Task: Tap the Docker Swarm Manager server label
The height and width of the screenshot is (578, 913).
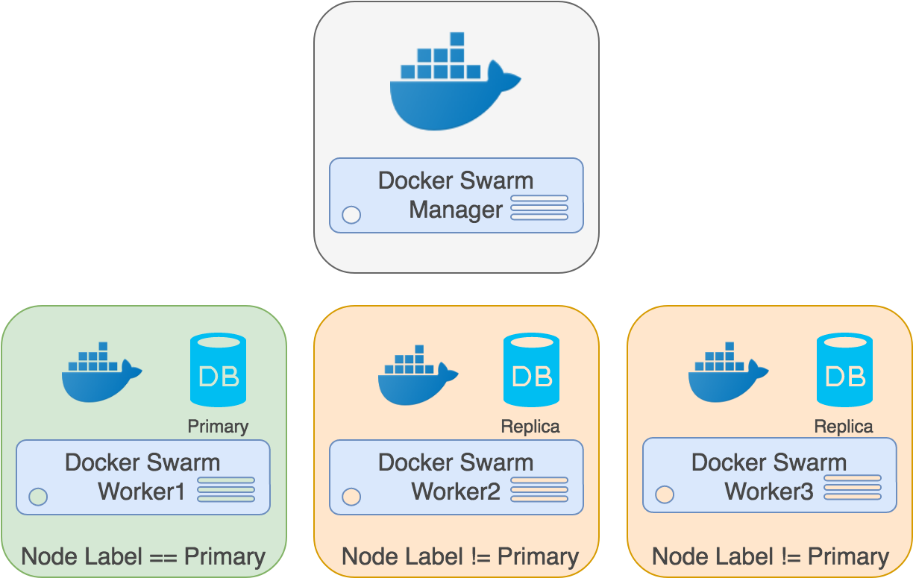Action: pos(456,195)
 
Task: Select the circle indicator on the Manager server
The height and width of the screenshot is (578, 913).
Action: pos(351,215)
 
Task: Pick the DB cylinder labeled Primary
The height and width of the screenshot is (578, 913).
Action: pos(218,370)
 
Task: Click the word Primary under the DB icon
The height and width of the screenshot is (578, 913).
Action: pos(218,427)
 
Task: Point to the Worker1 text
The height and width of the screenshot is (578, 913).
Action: pos(142,492)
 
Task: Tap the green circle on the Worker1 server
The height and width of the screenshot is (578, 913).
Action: pos(38,496)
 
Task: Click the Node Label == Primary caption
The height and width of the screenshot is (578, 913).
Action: pos(143,556)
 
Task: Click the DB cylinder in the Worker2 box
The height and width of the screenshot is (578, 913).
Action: pos(531,370)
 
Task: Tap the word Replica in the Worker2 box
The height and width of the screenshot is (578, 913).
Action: pos(530,427)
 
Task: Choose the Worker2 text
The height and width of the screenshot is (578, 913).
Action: pos(456,492)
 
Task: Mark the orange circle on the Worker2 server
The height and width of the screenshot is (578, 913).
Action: pos(351,496)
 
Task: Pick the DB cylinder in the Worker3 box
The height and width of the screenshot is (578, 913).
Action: pos(844,370)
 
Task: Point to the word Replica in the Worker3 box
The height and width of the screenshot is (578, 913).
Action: pos(844,427)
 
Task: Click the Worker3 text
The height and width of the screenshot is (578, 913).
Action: pos(769,492)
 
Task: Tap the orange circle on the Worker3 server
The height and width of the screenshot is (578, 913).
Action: pos(665,494)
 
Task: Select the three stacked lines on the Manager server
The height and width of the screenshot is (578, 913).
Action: pos(539,208)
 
